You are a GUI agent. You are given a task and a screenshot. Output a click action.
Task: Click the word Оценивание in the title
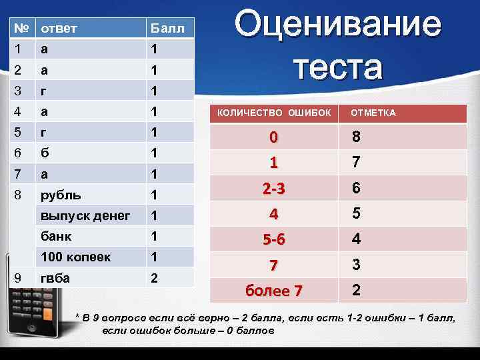point(337,26)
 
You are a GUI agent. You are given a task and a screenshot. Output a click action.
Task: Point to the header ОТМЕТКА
point(373,113)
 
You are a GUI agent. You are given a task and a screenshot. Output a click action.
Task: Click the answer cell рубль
point(61,196)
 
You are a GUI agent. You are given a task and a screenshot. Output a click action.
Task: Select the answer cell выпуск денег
point(85,215)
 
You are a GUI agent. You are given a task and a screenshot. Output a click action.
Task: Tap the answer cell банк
point(57,235)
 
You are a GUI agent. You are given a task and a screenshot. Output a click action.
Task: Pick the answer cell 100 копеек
point(75,256)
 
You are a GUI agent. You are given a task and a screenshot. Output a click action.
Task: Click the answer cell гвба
point(55,277)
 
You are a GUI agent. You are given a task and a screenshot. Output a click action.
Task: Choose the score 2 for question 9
point(154,277)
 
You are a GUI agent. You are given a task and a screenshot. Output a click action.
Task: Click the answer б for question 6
point(45,153)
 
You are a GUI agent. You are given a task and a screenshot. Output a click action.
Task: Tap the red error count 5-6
point(274,239)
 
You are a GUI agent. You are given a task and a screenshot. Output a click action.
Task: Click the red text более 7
point(274,291)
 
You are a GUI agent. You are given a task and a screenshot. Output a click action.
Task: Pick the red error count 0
point(273,138)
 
